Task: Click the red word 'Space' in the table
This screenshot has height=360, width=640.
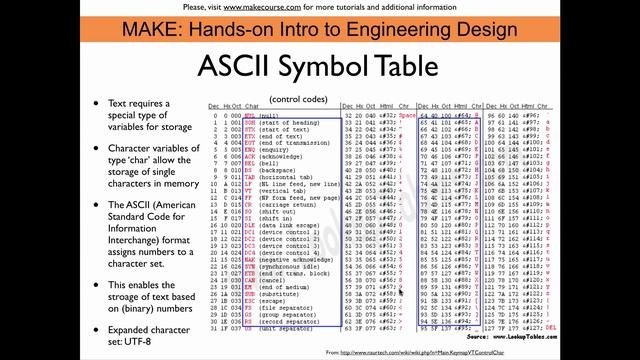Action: [407, 115]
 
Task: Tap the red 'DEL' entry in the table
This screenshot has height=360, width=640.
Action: [631, 326]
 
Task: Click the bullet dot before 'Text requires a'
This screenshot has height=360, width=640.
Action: [96, 103]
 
